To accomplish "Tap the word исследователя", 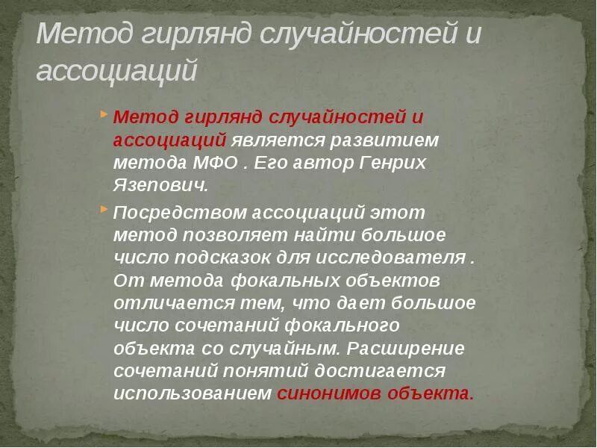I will point(393,258).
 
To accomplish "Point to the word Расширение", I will point(406,349).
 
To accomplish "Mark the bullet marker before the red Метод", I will point(104,115).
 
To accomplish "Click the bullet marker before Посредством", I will point(104,210).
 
